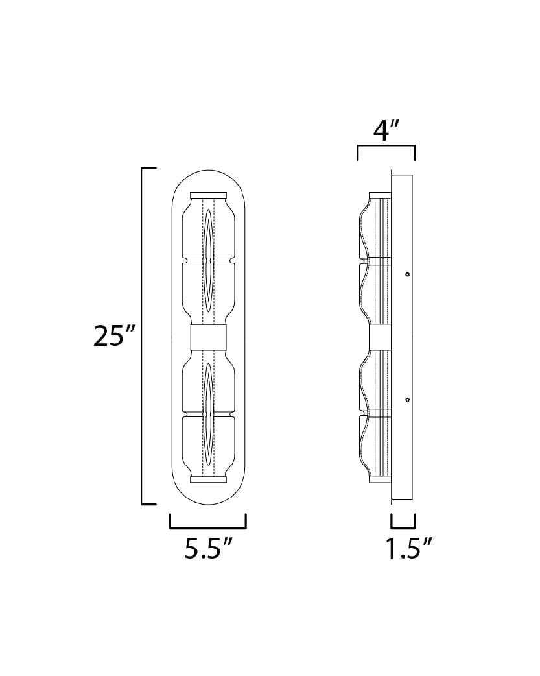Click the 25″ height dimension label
click(x=115, y=337)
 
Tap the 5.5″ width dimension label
click(x=208, y=549)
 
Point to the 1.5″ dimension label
click(x=408, y=549)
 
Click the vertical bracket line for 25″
click(x=142, y=336)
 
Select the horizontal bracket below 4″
click(x=386, y=148)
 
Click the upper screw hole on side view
click(x=407, y=274)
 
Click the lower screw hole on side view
click(x=407, y=400)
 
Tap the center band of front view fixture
click(x=208, y=337)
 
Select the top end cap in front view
click(x=208, y=195)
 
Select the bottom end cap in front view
click(x=208, y=479)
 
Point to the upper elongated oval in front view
click(x=208, y=263)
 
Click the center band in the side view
click(x=379, y=337)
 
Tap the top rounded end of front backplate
click(x=208, y=178)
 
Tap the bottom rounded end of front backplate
click(x=208, y=496)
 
